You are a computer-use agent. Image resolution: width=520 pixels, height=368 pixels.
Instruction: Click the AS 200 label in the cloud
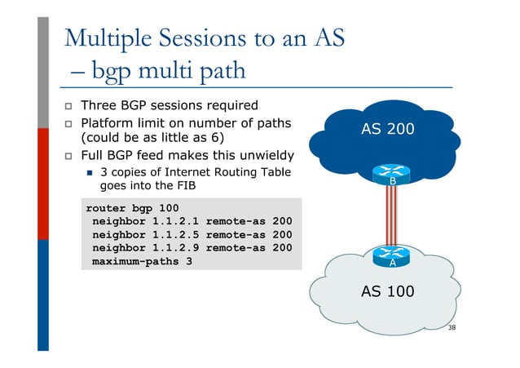point(388,129)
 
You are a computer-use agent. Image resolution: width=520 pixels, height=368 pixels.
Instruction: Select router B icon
point(392,175)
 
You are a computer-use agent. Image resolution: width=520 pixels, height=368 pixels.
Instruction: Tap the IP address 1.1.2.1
point(174,220)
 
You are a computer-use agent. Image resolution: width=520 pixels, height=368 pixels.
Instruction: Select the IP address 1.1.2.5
point(174,234)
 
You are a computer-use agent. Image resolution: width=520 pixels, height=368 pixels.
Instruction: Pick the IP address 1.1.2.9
point(174,248)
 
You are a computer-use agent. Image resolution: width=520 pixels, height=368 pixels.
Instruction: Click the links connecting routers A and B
point(392,216)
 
